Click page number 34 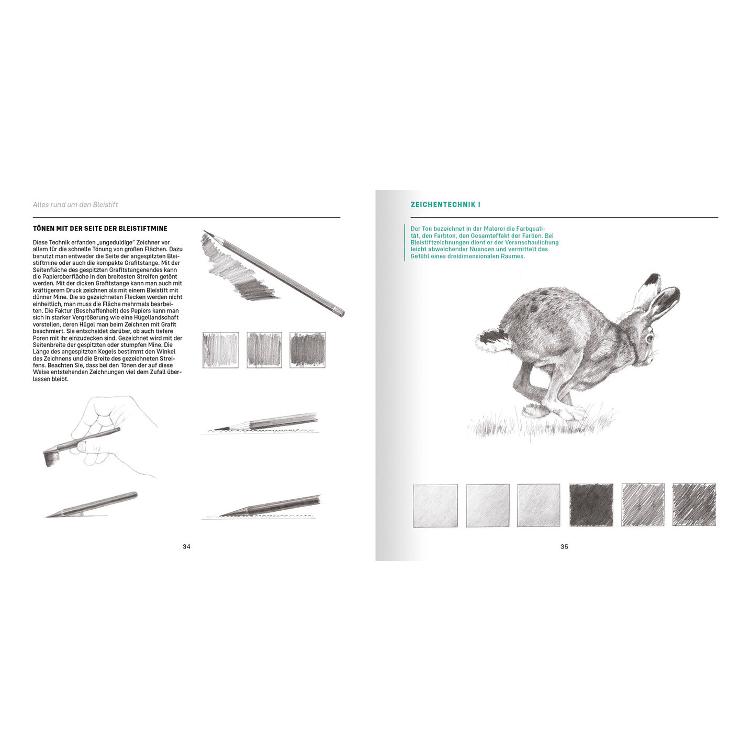(x=186, y=547)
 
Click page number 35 (x=565, y=547)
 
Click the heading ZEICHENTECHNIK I (x=446, y=204)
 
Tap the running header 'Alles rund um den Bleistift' (x=75, y=204)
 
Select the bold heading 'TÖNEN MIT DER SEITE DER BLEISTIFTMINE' (x=100, y=228)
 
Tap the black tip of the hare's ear (x=653, y=280)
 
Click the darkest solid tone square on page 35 (x=591, y=505)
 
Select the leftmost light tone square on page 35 (x=435, y=505)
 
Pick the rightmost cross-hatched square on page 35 (x=694, y=504)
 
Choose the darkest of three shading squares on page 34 (x=308, y=350)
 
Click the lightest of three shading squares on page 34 (x=220, y=350)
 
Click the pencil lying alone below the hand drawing (x=92, y=504)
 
